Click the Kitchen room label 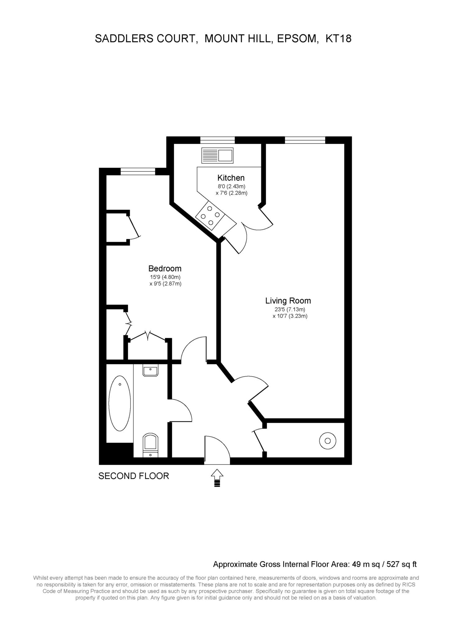point(231,178)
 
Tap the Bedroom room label point(165,268)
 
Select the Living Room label point(288,301)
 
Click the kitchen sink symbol point(217,156)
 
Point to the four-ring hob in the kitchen point(210,216)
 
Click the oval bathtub point(120,403)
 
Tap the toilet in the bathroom point(150,445)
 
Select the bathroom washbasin point(150,370)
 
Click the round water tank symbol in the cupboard point(328,441)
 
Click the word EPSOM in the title point(298,39)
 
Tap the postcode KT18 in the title point(338,39)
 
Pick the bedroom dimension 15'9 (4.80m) point(165,277)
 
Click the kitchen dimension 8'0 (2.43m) point(231,187)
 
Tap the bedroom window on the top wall point(138,171)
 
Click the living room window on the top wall point(305,140)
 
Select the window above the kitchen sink point(217,140)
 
